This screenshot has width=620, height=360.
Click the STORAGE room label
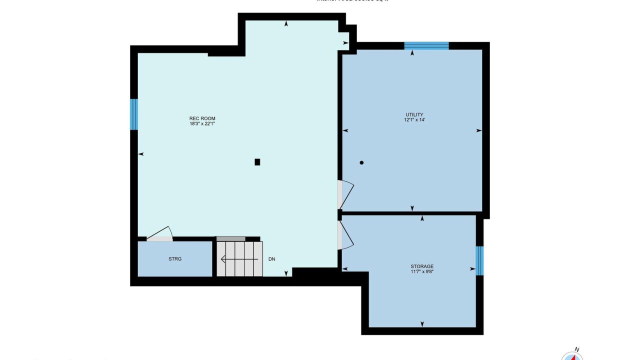pyautogui.click(x=422, y=266)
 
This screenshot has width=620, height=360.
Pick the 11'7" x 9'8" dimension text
pyautogui.click(x=422, y=272)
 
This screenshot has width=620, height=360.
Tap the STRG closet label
pyautogui.click(x=175, y=259)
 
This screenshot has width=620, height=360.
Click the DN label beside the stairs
pyautogui.click(x=272, y=259)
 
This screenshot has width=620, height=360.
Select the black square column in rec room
pyautogui.click(x=257, y=161)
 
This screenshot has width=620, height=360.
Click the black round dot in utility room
pyautogui.click(x=361, y=162)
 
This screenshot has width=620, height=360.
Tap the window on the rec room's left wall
pyautogui.click(x=134, y=114)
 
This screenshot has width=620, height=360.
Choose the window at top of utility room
pyautogui.click(x=426, y=46)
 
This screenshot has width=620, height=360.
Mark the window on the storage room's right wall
pyautogui.click(x=479, y=260)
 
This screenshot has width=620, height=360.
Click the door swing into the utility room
pyautogui.click(x=345, y=194)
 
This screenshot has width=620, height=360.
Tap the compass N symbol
pyautogui.click(x=576, y=350)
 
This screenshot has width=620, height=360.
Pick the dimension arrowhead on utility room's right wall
pyautogui.click(x=478, y=130)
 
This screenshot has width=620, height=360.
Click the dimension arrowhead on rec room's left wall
pyautogui.click(x=141, y=154)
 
